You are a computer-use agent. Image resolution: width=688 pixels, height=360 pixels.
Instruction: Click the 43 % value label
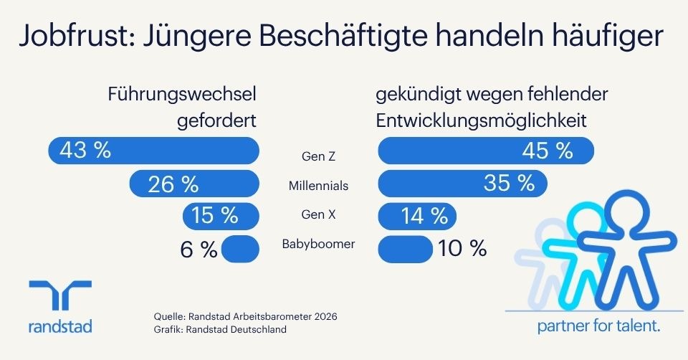[85, 150]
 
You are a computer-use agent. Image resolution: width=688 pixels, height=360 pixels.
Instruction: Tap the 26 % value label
[173, 184]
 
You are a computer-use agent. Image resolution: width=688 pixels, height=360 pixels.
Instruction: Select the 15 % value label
[214, 216]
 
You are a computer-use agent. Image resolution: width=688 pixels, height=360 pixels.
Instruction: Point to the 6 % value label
[199, 250]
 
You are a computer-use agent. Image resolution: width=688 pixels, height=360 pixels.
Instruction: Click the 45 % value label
[547, 151]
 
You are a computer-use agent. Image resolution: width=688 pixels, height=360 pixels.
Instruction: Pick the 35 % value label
[509, 182]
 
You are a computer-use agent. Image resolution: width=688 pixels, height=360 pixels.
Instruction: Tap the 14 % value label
[424, 216]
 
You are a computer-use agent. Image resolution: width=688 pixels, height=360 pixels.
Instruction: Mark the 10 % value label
[462, 249]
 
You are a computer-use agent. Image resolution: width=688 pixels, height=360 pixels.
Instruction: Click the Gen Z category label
[318, 156]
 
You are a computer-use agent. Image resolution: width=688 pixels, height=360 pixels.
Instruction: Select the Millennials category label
[318, 186]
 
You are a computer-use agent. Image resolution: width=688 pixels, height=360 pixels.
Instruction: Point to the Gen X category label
[318, 214]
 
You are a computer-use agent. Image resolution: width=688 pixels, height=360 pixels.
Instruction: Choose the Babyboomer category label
[318, 244]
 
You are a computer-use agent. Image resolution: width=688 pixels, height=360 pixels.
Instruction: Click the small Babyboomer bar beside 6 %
[241, 249]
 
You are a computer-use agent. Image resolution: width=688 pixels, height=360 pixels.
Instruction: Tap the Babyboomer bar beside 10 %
[406, 250]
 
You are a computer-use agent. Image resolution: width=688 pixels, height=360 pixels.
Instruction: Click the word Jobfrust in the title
[73, 35]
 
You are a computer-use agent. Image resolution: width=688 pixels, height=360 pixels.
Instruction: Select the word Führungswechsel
[182, 95]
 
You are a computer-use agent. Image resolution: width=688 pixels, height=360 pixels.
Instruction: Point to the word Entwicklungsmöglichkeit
[482, 120]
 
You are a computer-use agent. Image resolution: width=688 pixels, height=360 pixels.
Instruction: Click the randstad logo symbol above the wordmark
[60, 295]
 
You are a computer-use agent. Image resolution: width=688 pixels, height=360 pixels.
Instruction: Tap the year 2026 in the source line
[325, 316]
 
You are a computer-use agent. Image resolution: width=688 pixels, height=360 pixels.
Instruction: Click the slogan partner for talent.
[599, 326]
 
